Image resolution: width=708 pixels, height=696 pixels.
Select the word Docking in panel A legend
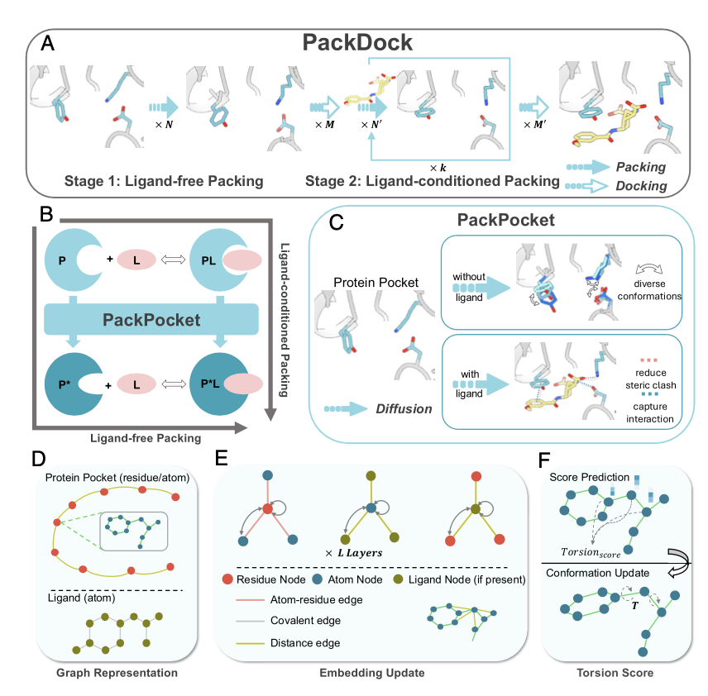[642, 186]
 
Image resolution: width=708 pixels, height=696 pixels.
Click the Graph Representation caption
[117, 673]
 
